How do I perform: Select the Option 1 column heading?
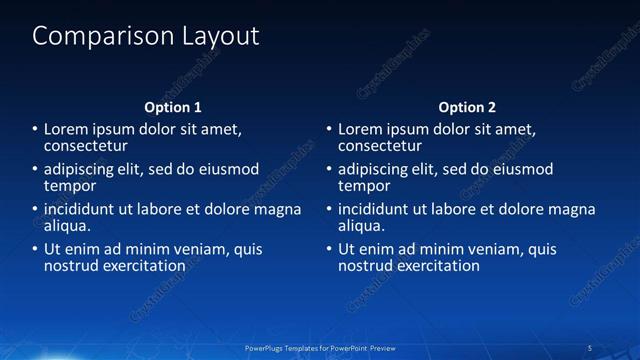pyautogui.click(x=173, y=107)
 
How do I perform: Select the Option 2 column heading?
pyautogui.click(x=467, y=107)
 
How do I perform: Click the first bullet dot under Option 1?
pyautogui.click(x=35, y=130)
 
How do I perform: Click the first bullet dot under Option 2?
pyautogui.click(x=329, y=130)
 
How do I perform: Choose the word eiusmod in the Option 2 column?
pyautogui.click(x=519, y=169)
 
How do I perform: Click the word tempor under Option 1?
pyautogui.click(x=70, y=186)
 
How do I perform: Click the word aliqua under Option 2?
pyautogui.click(x=362, y=226)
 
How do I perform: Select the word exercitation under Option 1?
pyautogui.click(x=142, y=266)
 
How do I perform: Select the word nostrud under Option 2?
pyautogui.click(x=367, y=266)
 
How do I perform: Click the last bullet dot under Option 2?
pyautogui.click(x=329, y=249)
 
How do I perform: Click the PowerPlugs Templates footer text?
pyautogui.click(x=321, y=347)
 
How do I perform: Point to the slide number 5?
pyautogui.click(x=589, y=347)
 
